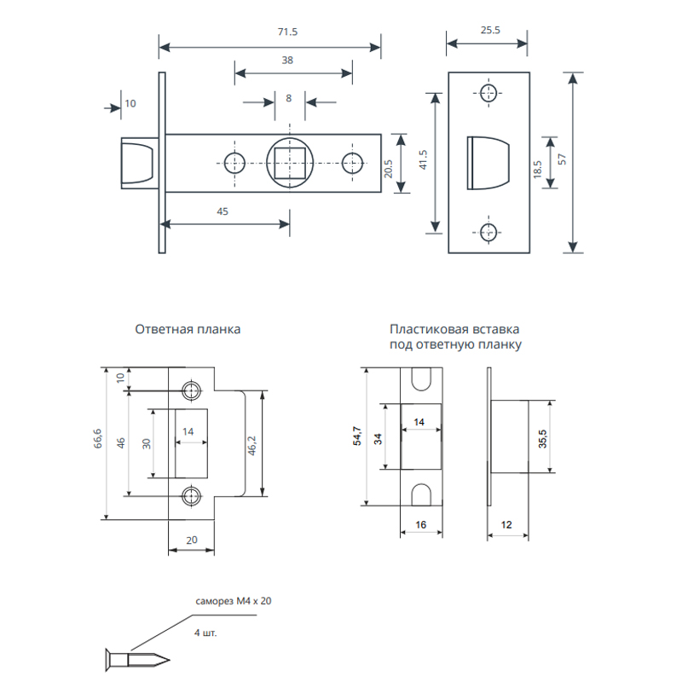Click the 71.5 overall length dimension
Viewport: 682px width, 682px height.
287,32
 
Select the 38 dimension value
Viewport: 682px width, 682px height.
287,60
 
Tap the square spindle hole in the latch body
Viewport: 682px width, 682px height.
290,163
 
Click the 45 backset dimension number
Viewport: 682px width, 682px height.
223,211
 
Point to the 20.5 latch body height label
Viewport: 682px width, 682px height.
388,169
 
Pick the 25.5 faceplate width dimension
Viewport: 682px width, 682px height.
490,30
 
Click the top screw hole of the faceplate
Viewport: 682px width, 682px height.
488,93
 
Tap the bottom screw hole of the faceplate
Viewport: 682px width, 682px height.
488,232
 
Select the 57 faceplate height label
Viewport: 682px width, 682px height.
562,159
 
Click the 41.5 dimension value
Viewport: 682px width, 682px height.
423,159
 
